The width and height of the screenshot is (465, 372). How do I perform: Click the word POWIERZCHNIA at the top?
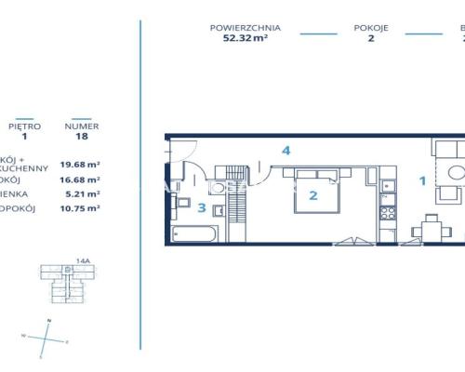tap(246, 28)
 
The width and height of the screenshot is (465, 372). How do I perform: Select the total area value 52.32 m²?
tap(246, 40)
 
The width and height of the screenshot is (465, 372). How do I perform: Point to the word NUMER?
tap(81, 124)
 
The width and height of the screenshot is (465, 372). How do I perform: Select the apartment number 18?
tap(81, 136)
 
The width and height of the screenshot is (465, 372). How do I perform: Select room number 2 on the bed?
tap(313, 195)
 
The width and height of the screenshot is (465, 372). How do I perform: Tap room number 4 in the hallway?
tap(287, 150)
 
